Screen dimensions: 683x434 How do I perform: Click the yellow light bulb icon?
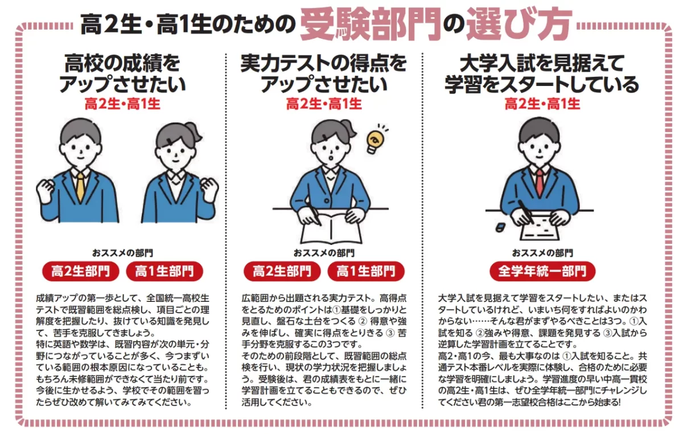click(x=375, y=141)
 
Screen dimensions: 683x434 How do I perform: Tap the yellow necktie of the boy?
click(x=80, y=186)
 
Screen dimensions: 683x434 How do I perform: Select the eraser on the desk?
click(x=500, y=227)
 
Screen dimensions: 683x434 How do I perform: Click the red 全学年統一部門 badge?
click(x=542, y=271)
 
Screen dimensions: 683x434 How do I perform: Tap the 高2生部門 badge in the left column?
click(x=80, y=271)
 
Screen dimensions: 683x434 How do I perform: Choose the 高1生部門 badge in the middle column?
click(x=366, y=271)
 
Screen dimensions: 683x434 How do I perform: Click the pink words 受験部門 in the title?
click(x=370, y=24)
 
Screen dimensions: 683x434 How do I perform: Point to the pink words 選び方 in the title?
click(x=519, y=24)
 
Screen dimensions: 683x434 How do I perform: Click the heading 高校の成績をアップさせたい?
click(x=122, y=73)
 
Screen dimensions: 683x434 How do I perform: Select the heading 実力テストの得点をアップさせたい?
click(x=324, y=73)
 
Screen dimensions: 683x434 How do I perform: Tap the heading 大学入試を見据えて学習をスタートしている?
click(x=541, y=73)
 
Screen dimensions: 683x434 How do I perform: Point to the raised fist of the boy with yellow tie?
click(x=45, y=190)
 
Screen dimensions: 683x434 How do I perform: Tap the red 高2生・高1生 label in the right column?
click(x=542, y=104)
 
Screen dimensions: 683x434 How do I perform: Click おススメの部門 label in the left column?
click(x=122, y=253)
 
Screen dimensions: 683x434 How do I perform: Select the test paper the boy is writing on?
click(x=539, y=231)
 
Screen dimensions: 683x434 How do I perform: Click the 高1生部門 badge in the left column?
click(x=164, y=271)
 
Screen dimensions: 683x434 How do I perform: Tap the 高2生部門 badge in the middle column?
click(x=282, y=271)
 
